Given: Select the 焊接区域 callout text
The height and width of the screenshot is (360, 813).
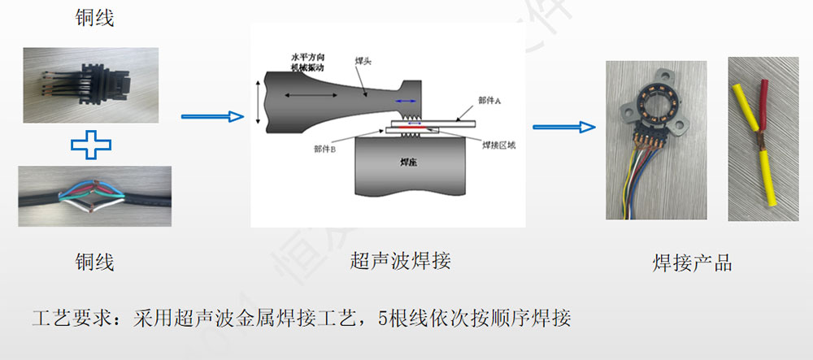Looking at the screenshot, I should coord(498,145).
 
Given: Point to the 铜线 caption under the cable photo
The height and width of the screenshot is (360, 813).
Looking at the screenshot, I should coord(93,262).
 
